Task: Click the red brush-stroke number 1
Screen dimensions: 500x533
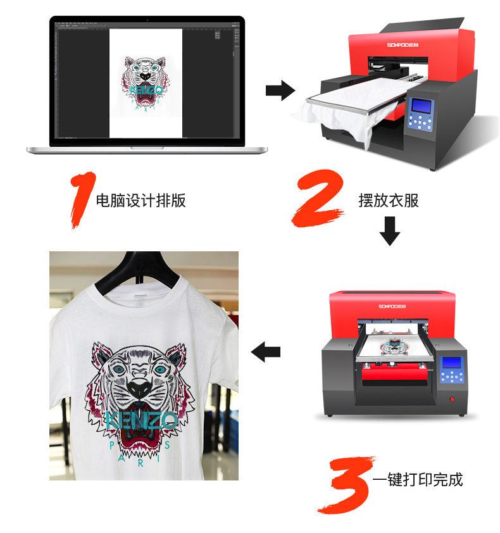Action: [83, 199]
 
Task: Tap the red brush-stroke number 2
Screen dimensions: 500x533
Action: [318, 199]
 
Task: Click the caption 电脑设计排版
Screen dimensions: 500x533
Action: [141, 200]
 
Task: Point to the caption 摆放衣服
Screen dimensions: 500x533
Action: [389, 200]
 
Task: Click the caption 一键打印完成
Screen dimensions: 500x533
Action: [418, 480]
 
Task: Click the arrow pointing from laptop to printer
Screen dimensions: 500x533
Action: [280, 91]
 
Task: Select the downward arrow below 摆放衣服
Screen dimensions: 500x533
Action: [389, 231]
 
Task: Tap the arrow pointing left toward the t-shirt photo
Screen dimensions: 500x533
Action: [265, 351]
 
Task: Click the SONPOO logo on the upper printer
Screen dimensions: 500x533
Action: [403, 45]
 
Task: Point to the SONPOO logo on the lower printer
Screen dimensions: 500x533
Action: [392, 306]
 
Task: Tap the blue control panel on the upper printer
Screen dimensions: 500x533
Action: [421, 114]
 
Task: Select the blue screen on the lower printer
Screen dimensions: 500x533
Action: [451, 362]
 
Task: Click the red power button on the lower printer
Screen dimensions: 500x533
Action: [452, 399]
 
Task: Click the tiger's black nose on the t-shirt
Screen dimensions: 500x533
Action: [139, 389]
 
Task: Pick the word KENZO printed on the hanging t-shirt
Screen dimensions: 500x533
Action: [142, 420]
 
